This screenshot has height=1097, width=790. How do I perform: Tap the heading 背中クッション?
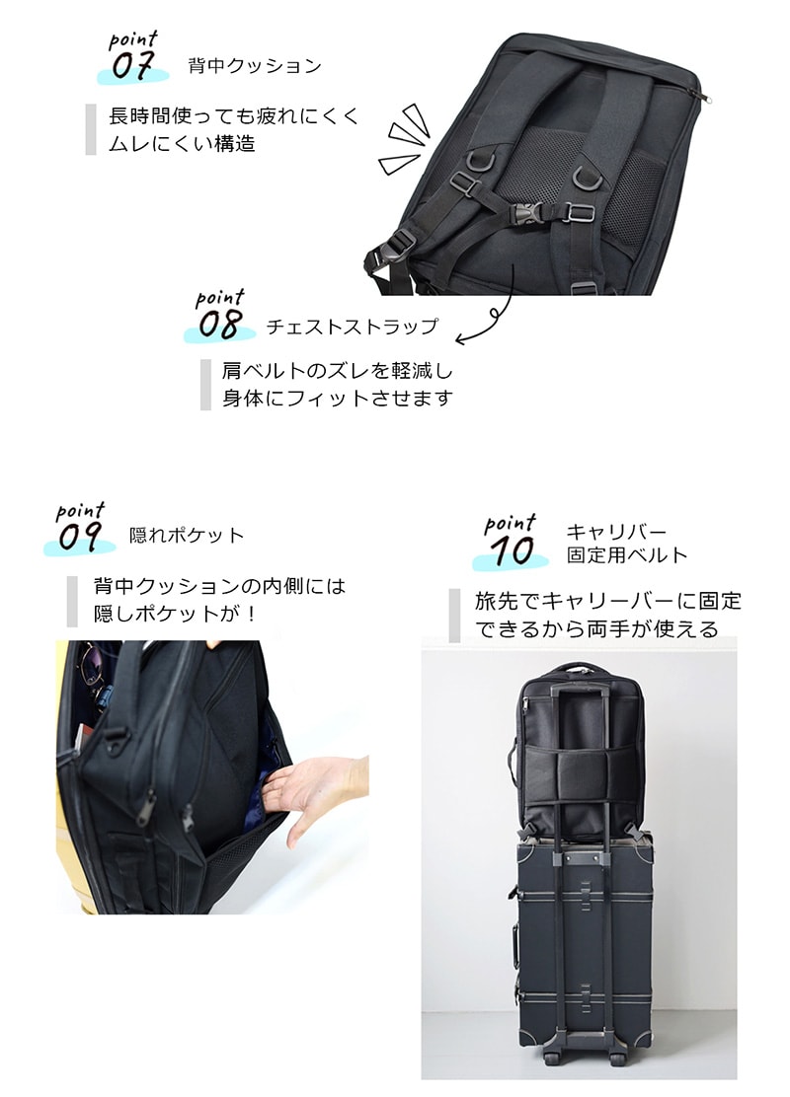pyautogui.click(x=255, y=66)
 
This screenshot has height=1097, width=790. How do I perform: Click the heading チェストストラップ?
pyautogui.click(x=353, y=326)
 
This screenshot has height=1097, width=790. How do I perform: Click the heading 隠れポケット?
pyautogui.click(x=187, y=536)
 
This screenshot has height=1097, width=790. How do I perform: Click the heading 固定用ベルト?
pyautogui.click(x=627, y=555)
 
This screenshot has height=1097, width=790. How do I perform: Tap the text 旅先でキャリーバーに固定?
pyautogui.click(x=608, y=601)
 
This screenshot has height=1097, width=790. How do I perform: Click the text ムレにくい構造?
pyautogui.click(x=182, y=143)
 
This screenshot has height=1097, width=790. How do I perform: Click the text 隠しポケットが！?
pyautogui.click(x=176, y=614)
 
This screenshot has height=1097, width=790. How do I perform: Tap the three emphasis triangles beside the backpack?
pyautogui.click(x=404, y=140)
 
